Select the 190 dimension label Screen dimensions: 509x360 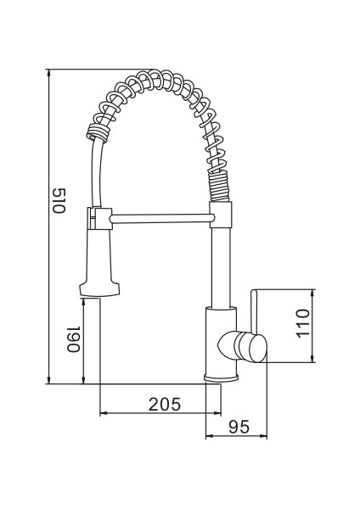pyautogui.click(x=73, y=340)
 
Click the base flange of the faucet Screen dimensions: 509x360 pyautogui.click(x=222, y=377)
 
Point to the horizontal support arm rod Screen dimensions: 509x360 pyautogui.click(x=158, y=220)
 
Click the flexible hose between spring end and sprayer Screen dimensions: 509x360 pyautogui.click(x=95, y=174)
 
